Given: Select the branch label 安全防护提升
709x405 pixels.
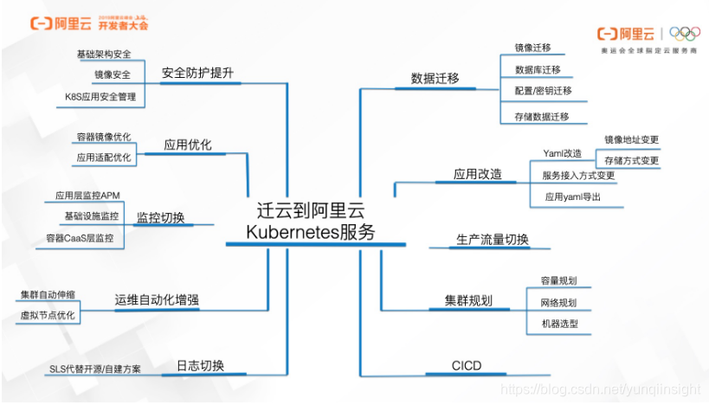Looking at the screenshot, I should pyautogui.click(x=197, y=73).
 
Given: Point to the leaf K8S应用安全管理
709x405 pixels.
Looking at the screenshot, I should pyautogui.click(x=100, y=98).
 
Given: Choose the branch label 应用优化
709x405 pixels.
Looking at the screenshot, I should pyautogui.click(x=188, y=145).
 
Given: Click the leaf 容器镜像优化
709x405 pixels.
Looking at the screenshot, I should pyautogui.click(x=104, y=137).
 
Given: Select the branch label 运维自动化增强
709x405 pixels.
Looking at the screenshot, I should pyautogui.click(x=157, y=300).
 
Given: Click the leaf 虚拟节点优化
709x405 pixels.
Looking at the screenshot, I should pyautogui.click(x=48, y=315).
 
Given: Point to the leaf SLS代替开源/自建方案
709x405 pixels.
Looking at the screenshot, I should pyautogui.click(x=95, y=370).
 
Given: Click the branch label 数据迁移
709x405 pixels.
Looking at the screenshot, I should pyautogui.click(x=435, y=78).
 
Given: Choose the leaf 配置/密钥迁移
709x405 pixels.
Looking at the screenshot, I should pyautogui.click(x=543, y=91).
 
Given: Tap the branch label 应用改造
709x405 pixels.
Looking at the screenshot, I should pyautogui.click(x=478, y=174).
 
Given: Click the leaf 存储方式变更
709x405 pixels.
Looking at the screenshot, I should pyautogui.click(x=632, y=161).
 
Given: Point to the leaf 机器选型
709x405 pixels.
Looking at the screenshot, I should pyautogui.click(x=559, y=325).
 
